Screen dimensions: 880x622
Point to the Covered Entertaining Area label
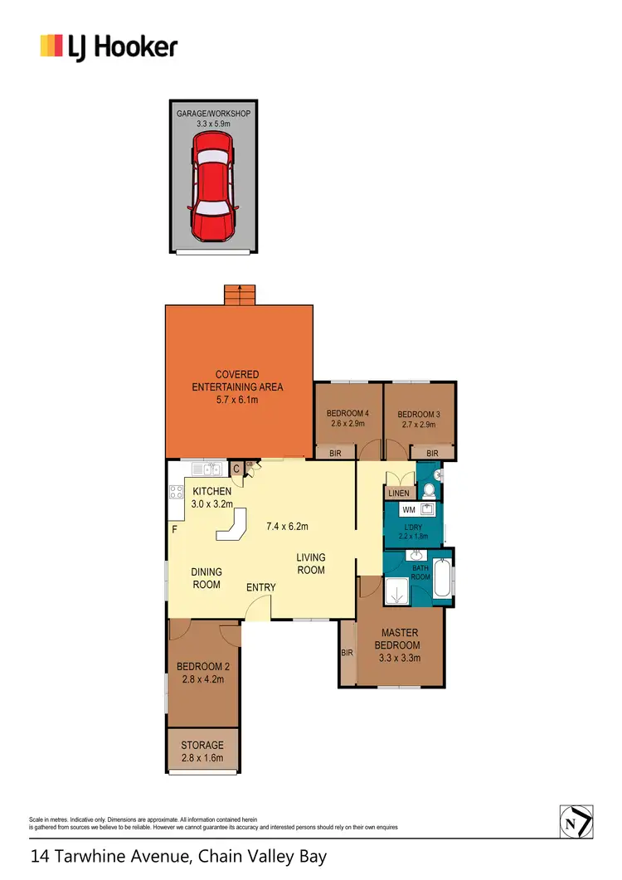[x=237, y=387]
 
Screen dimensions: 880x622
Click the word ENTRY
[x=260, y=587]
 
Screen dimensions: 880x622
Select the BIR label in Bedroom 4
[x=335, y=454]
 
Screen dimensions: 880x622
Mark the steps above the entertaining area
[x=240, y=296]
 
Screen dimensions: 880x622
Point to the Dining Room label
[x=207, y=577]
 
